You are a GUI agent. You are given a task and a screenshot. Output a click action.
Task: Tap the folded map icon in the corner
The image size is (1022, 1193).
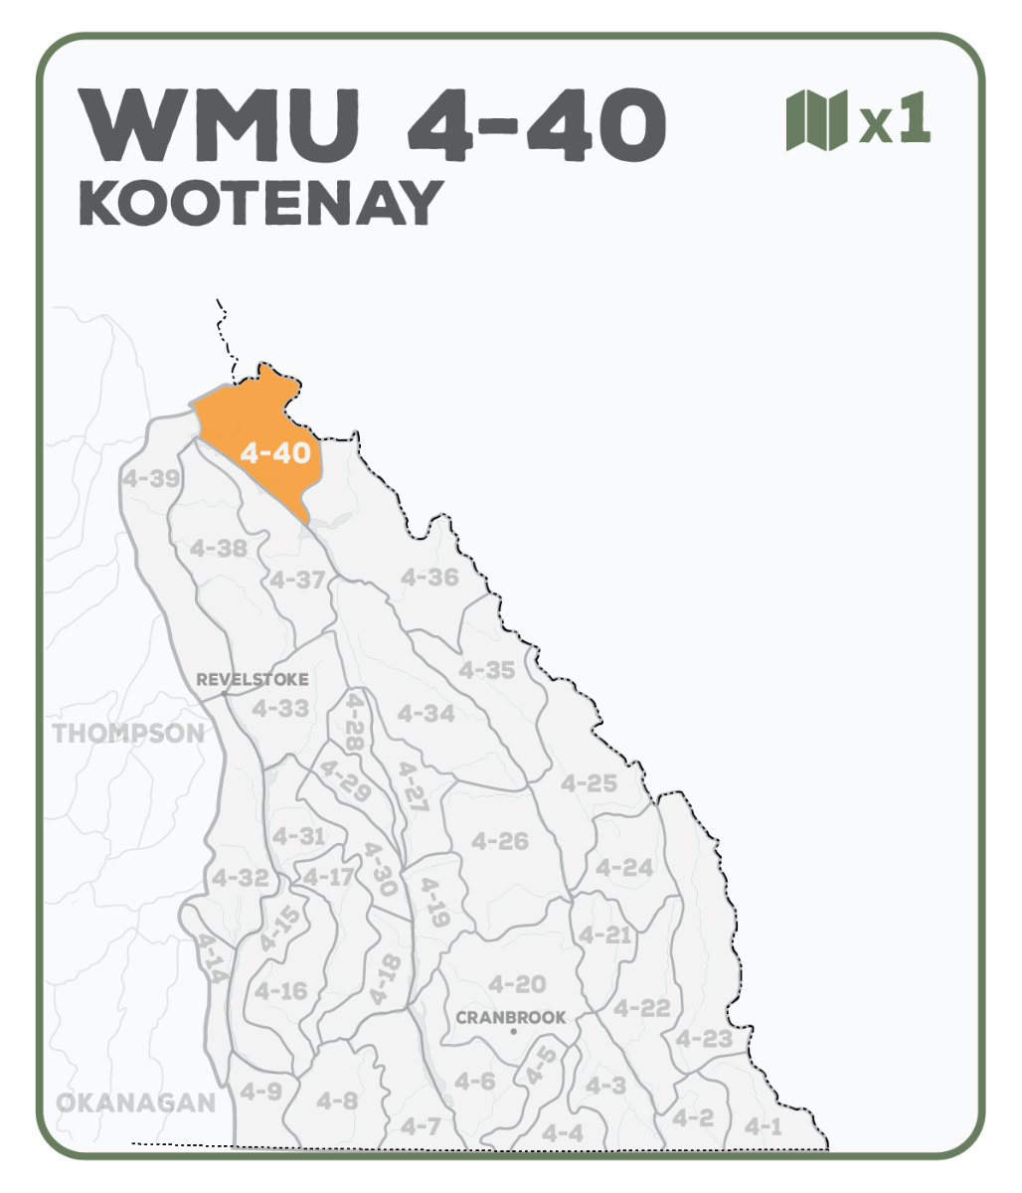coord(815,120)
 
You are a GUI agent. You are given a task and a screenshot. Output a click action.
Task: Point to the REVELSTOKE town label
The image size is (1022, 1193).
coord(253,680)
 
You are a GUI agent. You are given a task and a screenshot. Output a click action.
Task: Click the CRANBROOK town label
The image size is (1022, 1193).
coord(511,1017)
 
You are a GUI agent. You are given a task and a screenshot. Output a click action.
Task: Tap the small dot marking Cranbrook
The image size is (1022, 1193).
coord(513,1032)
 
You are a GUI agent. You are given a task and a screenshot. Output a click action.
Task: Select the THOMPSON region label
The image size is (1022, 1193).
coord(128,734)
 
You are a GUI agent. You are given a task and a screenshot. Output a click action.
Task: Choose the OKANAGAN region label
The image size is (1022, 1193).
coord(135,1103)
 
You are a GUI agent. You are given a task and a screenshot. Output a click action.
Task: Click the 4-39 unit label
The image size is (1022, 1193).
coord(152,478)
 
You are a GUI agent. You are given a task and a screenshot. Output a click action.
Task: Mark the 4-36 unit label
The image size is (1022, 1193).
coord(429,578)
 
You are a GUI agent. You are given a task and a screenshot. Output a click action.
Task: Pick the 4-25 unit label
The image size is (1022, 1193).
coord(589,783)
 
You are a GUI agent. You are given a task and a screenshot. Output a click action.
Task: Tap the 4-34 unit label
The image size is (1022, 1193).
coord(426,714)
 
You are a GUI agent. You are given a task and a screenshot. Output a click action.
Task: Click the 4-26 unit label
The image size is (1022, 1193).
coord(499,841)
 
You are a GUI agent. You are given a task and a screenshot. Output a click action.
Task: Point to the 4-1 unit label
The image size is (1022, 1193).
coord(764,1126)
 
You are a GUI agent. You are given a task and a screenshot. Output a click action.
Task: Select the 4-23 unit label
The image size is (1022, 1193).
coord(703,1039)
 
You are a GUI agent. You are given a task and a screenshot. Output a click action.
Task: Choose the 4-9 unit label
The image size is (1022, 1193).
coord(260,1092)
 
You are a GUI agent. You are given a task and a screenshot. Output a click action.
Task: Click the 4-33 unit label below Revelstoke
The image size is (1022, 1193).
coord(279,709)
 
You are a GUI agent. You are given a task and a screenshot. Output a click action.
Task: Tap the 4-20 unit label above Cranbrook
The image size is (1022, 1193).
coord(517,984)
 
